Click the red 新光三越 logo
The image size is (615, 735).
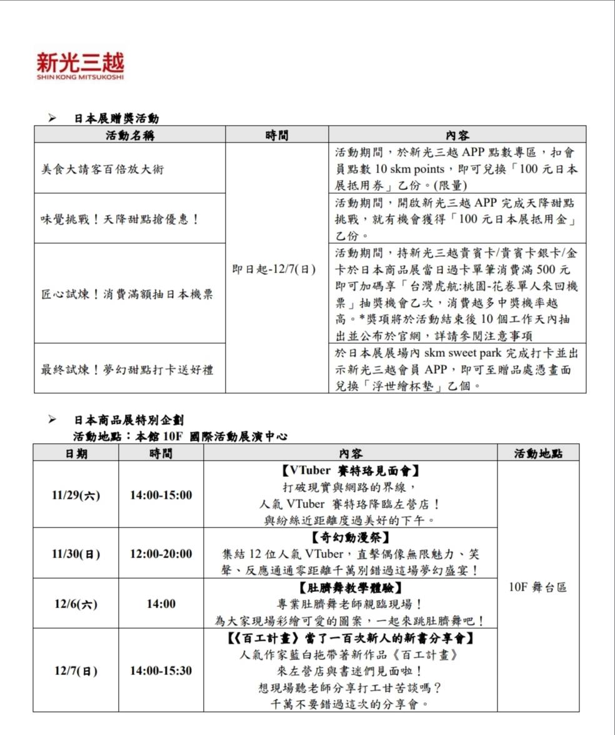[x=80, y=65]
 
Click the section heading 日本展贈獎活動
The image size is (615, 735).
[x=116, y=118]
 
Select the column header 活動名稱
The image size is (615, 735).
[x=130, y=135]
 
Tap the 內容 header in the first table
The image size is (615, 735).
[x=457, y=135]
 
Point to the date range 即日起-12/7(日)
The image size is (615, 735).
[x=274, y=269]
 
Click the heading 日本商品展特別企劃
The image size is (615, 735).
[x=129, y=420]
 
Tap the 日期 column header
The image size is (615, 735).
[x=76, y=454]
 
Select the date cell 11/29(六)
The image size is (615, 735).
[x=76, y=495]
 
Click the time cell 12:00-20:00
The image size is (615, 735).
[x=161, y=554]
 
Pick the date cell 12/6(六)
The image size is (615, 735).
[x=76, y=604]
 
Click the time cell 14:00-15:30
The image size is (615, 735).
[x=161, y=671]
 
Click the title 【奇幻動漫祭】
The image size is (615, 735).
[x=350, y=537]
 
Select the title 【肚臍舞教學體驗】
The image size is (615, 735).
[x=350, y=588]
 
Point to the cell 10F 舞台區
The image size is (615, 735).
[x=538, y=587]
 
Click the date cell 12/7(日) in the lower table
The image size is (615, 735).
[x=76, y=671]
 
